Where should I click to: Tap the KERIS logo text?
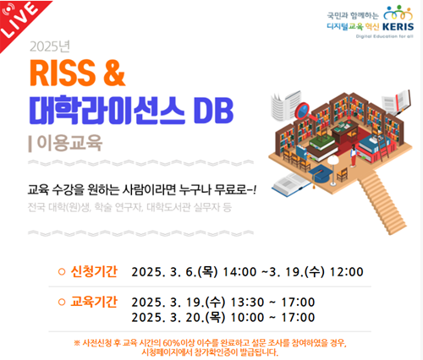(398, 27)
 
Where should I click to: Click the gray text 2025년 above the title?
(50, 46)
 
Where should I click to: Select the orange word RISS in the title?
(63, 73)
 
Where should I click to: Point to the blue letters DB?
(214, 111)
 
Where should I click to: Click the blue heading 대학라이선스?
(107, 111)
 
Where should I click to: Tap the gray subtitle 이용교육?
(69, 143)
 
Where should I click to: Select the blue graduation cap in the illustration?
(320, 173)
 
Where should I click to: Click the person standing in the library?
(354, 155)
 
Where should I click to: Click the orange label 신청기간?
(94, 271)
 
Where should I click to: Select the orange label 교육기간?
(94, 302)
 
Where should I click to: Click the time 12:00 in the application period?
(347, 272)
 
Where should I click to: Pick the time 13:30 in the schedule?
(247, 303)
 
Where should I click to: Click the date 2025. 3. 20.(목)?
(179, 318)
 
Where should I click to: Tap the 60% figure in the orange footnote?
(171, 343)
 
